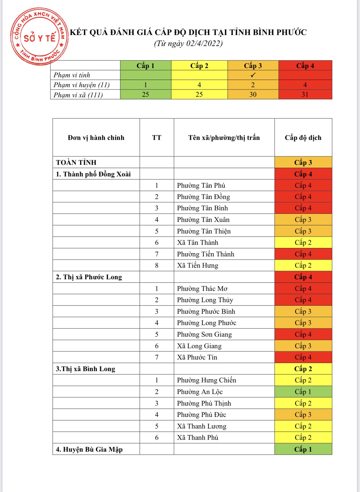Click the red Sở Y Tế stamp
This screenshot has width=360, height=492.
[39, 37]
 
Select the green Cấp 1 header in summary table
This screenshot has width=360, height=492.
[146, 66]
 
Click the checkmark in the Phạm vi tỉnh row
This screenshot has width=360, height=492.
[253, 75]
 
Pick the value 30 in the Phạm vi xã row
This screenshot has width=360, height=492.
[253, 94]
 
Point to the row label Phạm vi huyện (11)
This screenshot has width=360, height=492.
[81, 85]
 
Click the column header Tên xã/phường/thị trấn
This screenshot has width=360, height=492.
[224, 138]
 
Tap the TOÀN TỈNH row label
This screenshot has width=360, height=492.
[76, 163]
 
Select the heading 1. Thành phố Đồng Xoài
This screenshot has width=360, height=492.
[93, 174]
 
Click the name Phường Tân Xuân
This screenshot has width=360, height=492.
[203, 220]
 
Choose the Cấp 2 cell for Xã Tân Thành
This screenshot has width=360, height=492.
[303, 243]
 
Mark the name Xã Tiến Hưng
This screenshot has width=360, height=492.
[198, 265]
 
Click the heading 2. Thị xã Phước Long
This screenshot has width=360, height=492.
[89, 277]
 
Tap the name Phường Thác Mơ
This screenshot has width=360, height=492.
[202, 289]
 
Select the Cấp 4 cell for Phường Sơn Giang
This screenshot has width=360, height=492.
[303, 334]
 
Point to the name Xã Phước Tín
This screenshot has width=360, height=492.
[197, 357]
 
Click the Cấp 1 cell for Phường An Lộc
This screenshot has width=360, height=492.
[303, 392]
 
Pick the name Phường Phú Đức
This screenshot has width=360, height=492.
[201, 415]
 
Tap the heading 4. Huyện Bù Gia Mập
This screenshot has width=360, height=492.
[89, 449]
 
